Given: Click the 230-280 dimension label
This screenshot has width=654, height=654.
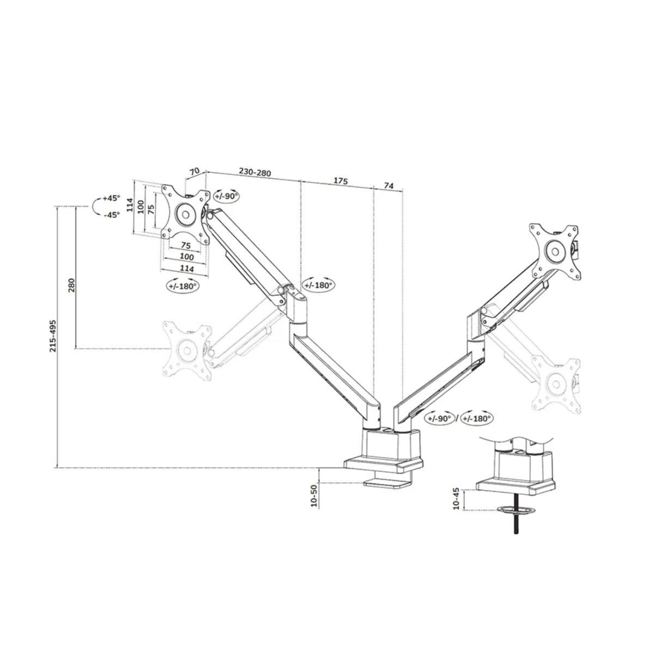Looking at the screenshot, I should pyautogui.click(x=255, y=172).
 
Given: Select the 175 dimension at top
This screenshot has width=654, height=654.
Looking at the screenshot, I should pyautogui.click(x=341, y=180).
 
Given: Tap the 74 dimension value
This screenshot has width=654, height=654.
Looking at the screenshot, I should pyautogui.click(x=388, y=185).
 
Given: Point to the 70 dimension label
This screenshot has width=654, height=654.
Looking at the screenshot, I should pyautogui.click(x=194, y=171).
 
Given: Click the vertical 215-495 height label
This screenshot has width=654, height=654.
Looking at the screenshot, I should pyautogui.click(x=53, y=335).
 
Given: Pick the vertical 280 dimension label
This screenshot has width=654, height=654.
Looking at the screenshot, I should pyautogui.click(x=71, y=285).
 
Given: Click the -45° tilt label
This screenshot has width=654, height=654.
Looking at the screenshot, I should pyautogui.click(x=111, y=215).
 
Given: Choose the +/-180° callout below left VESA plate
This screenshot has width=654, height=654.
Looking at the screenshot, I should pyautogui.click(x=182, y=285).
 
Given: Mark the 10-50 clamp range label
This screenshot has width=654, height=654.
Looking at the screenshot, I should pyautogui.click(x=314, y=496).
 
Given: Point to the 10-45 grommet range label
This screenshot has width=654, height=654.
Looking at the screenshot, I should pyautogui.click(x=456, y=499).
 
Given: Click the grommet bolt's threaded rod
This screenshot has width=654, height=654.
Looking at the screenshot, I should pyautogui.click(x=515, y=525).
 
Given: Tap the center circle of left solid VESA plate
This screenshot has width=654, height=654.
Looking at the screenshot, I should pyautogui.click(x=185, y=213).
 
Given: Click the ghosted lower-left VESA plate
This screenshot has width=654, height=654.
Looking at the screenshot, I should pyautogui.click(x=187, y=349).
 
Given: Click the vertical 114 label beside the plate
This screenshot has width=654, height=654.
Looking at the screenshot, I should pyautogui.click(x=130, y=204).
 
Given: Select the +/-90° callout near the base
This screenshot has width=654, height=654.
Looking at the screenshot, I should pyautogui.click(x=440, y=418).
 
